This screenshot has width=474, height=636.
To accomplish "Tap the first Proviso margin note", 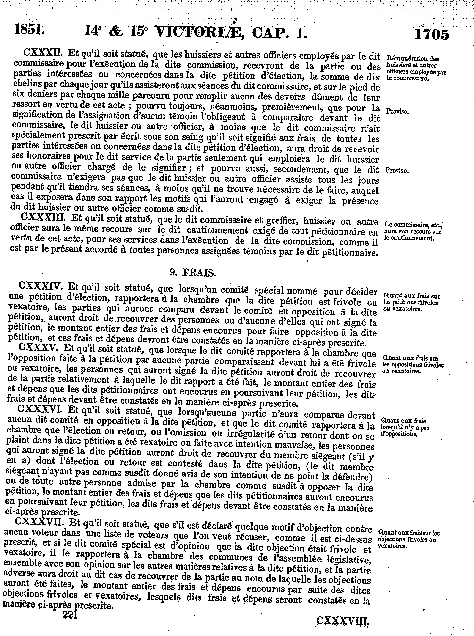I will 397,111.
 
